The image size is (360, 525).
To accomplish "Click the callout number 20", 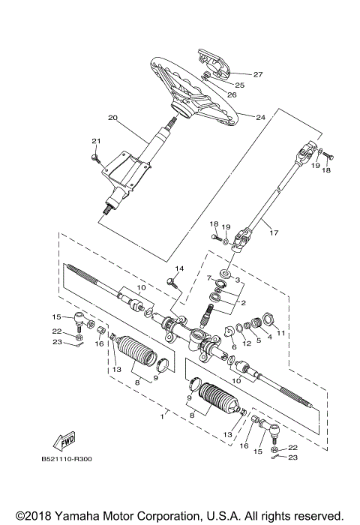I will point(113,118).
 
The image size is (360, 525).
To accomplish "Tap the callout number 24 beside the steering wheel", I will point(261,118).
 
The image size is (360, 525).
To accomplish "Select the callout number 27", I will point(257,74).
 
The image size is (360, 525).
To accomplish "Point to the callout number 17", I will point(273,233).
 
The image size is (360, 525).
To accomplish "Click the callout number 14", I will point(178,268).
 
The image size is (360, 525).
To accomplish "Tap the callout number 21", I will point(95,142).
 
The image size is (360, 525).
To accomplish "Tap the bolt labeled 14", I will point(172,282).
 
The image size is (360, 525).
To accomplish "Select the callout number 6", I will point(233,346).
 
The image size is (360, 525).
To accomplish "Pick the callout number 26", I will point(232,94).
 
